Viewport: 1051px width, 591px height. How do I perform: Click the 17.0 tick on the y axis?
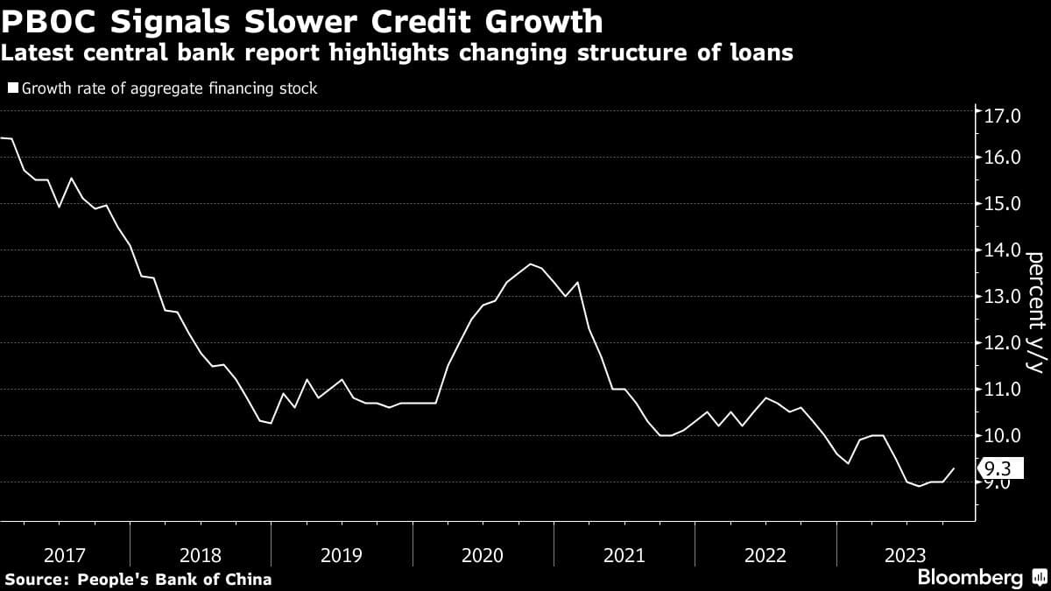[1002, 116]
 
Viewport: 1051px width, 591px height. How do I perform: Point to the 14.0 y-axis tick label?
[1002, 250]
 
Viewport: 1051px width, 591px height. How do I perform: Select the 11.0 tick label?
[1002, 389]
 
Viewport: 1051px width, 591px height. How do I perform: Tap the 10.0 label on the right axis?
[1002, 435]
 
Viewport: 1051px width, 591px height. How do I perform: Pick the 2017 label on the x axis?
[64, 555]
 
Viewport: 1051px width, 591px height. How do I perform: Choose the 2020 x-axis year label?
[482, 555]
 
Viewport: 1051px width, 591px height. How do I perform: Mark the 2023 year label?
[906, 555]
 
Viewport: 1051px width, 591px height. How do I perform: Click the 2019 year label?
[341, 555]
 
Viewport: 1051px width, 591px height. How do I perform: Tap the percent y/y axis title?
[1034, 312]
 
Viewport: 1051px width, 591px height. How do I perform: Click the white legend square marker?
[12, 88]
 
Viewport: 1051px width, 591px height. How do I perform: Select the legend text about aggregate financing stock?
[169, 88]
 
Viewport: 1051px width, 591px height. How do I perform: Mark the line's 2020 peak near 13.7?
[530, 264]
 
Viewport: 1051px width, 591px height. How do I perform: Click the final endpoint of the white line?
[954, 468]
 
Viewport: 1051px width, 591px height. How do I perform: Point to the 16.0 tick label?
[1002, 158]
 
